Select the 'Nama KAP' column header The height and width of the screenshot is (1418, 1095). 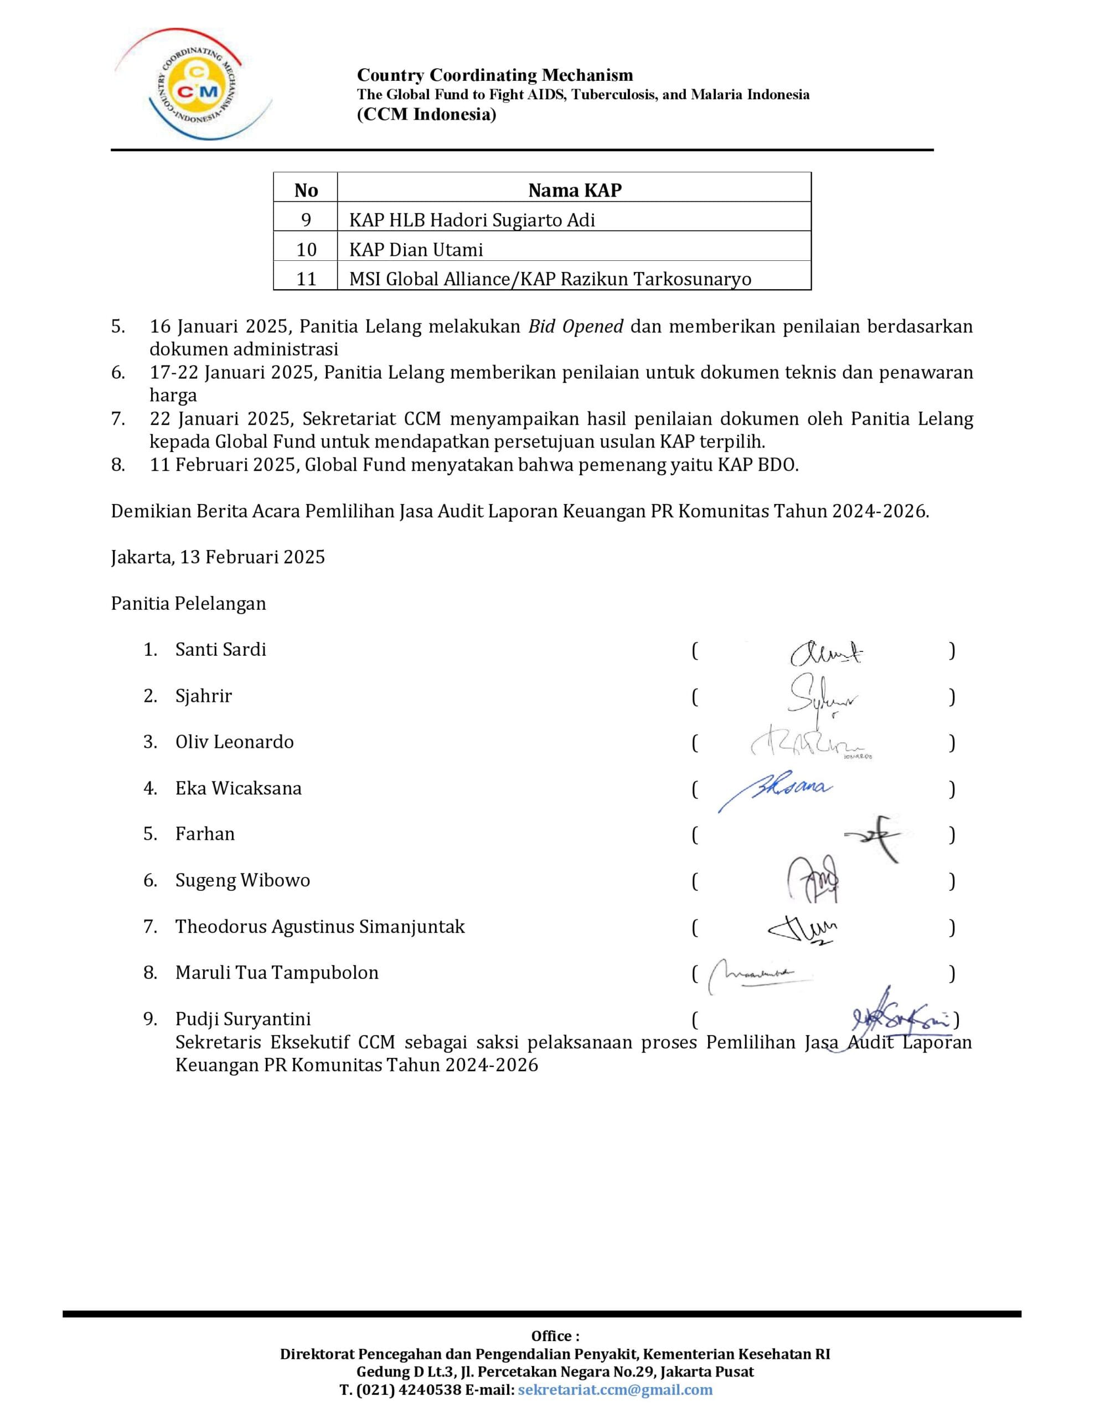[575, 190]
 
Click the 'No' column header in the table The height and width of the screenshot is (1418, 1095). [306, 190]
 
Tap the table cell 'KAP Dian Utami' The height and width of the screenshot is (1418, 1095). [416, 249]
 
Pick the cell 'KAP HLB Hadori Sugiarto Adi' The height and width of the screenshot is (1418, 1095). [472, 220]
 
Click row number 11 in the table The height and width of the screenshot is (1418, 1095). [306, 279]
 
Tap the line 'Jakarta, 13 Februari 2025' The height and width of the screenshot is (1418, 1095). [218, 557]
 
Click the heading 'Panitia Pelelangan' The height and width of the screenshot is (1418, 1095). [188, 603]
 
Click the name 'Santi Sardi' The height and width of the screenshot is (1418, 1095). [221, 649]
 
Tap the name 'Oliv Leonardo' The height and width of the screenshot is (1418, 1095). [234, 742]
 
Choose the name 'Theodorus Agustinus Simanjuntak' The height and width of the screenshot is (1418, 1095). [320, 927]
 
